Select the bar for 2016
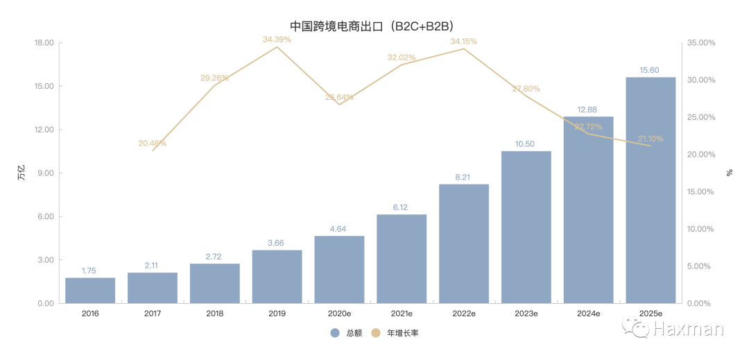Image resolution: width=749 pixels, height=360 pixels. coord(90,291)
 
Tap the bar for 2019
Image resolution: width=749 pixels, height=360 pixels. coord(277,277)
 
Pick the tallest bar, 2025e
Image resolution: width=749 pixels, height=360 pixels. coord(651,191)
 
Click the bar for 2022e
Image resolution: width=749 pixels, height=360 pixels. coord(464,243)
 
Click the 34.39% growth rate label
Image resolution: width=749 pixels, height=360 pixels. coord(277,40)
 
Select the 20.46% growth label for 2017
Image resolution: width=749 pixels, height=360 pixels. coord(153,144)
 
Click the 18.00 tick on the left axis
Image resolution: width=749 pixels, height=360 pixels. coord(44,43)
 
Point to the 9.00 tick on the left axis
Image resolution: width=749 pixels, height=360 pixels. coord(46,173)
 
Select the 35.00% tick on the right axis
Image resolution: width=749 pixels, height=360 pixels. coord(701,43)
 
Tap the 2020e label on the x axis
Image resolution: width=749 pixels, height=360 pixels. coord(339,314)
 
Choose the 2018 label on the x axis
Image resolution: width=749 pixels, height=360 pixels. coord(215,314)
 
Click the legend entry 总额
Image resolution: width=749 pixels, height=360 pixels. coord(347,333)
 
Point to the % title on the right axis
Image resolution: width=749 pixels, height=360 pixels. coord(730,173)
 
